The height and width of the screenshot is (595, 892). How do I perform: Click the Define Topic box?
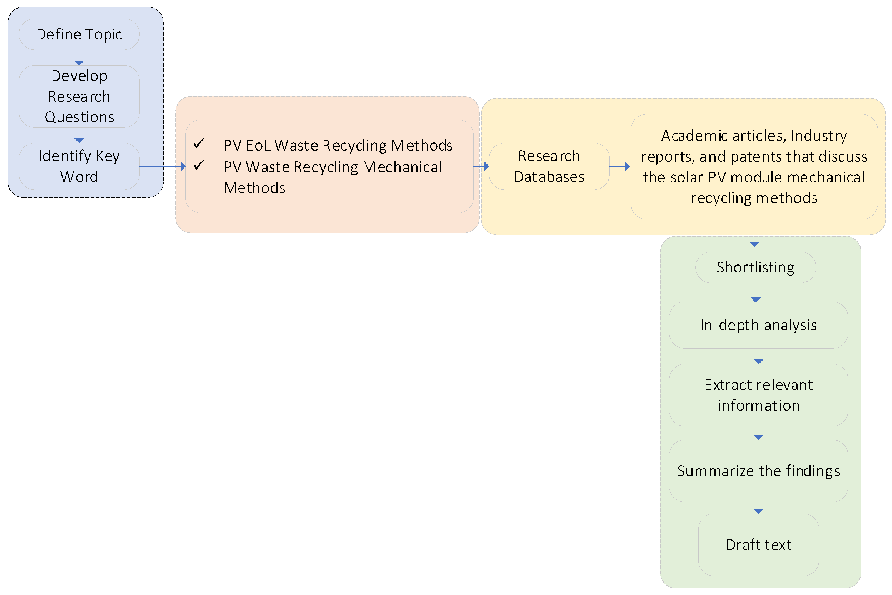(79, 34)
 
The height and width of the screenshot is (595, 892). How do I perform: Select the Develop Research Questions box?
(79, 96)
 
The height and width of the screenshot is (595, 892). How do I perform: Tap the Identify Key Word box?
(79, 166)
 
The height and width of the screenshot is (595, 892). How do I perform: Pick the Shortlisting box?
(755, 267)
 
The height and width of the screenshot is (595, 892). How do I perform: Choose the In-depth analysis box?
(758, 325)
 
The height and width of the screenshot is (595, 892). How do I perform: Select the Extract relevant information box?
(758, 395)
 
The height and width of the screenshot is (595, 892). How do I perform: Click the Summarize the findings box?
(758, 471)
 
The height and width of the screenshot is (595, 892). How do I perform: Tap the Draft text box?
(758, 544)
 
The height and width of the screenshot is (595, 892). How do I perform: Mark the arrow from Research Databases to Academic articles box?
(620, 166)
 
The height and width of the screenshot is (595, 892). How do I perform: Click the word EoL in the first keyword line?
(258, 145)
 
